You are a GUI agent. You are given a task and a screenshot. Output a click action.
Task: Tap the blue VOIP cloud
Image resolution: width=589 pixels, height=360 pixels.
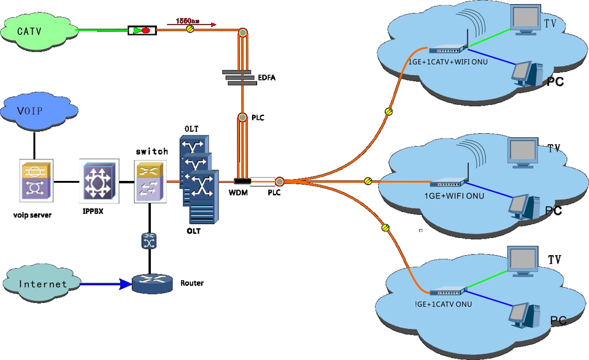(34, 111)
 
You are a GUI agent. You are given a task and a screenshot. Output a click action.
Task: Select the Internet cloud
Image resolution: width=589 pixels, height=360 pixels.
(42, 284)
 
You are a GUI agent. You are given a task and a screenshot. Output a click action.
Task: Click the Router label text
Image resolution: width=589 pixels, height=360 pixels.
(191, 283)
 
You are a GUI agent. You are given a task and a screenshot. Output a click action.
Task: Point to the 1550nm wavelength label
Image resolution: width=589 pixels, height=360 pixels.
(187, 20)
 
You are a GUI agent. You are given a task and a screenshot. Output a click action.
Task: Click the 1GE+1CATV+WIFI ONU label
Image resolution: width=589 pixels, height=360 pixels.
(448, 61)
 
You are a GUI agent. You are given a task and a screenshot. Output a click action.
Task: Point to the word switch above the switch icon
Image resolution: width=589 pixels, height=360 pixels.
(152, 151)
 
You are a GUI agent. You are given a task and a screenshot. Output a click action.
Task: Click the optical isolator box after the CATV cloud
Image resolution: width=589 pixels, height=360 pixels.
(142, 29)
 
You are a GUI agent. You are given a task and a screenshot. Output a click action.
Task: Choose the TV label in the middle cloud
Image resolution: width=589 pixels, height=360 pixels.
(553, 148)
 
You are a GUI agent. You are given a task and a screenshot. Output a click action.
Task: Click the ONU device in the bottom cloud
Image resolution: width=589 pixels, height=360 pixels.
(450, 293)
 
